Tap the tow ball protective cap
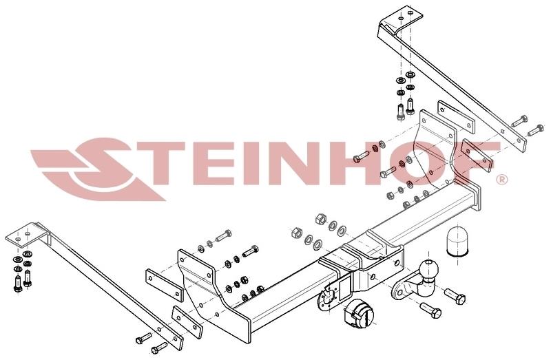(457, 242)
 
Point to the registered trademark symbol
(502, 180)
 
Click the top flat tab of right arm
(401, 17)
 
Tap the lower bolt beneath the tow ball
(431, 310)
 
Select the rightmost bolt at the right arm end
(536, 130)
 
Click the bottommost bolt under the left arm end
(159, 348)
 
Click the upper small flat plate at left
(165, 285)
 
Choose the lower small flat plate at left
(187, 322)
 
